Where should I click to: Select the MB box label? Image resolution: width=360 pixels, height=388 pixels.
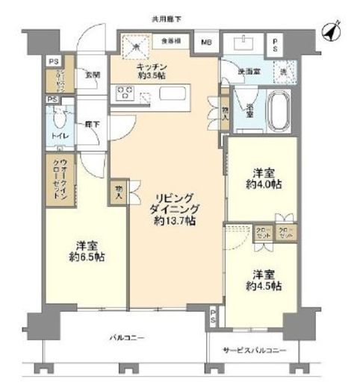pyautogui.click(x=205, y=43)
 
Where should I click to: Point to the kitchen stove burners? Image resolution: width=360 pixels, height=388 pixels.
pyautogui.click(x=124, y=93)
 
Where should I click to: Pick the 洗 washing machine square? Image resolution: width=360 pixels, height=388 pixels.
pyautogui.click(x=282, y=71)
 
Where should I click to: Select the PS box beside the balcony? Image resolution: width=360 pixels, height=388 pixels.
pyautogui.click(x=214, y=316)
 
